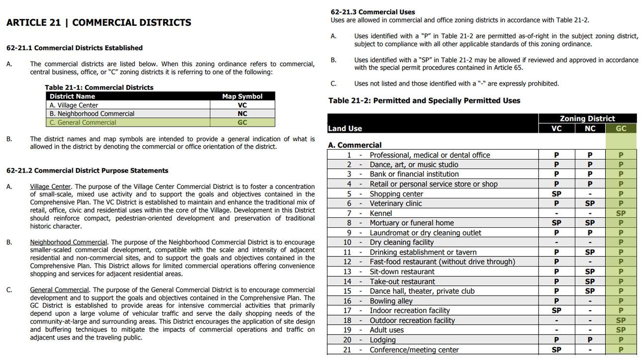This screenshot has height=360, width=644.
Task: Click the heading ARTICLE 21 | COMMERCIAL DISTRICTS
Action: [98, 23]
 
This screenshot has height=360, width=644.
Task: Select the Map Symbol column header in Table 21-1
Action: [242, 96]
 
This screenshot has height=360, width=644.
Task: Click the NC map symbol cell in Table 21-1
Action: [242, 114]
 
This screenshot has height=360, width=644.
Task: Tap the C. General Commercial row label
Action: [83, 122]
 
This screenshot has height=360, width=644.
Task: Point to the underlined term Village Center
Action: [50, 187]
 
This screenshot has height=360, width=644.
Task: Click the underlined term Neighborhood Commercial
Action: [68, 242]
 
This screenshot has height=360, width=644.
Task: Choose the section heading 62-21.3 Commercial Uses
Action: [372, 12]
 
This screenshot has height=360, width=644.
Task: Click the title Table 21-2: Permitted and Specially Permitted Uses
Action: [424, 101]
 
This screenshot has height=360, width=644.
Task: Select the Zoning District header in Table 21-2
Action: [587, 118]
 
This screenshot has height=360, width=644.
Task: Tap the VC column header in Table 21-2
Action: [556, 128]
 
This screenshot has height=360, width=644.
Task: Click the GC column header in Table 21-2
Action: [621, 128]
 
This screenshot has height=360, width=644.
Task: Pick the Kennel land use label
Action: [381, 213]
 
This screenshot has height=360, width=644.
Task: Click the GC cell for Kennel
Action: [621, 213]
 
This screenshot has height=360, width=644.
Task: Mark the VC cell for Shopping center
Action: [556, 194]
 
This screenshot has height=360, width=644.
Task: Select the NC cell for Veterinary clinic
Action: [589, 203]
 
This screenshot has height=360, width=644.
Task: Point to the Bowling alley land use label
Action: [391, 301]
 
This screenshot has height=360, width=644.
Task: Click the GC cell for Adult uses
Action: [621, 330]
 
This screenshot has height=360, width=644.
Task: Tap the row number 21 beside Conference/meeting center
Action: [347, 350]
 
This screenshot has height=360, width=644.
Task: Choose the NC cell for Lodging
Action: [589, 340]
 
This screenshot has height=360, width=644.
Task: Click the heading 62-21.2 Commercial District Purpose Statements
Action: [87, 171]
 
